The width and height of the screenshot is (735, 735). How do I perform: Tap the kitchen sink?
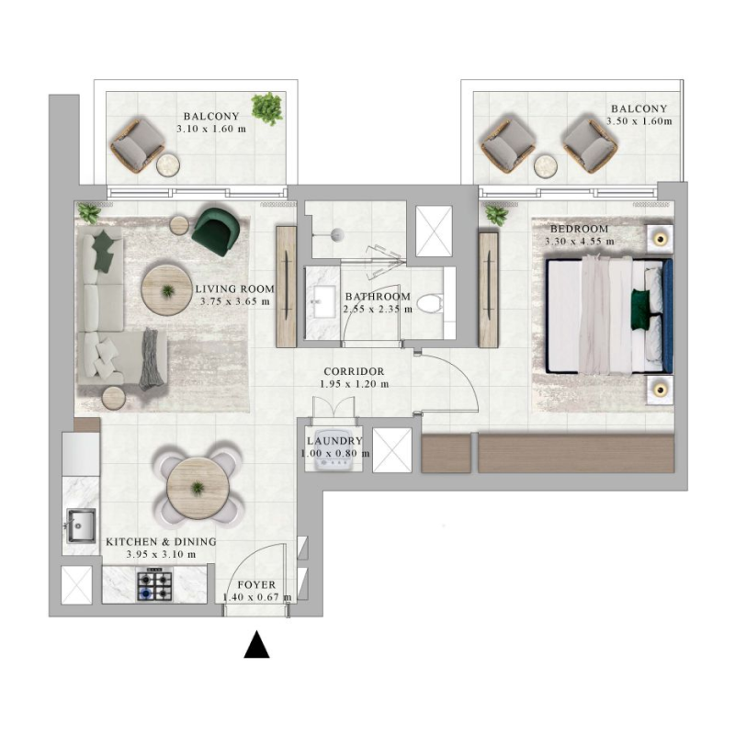[x=80, y=526]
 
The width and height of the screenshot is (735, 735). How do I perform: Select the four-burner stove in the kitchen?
[x=154, y=585]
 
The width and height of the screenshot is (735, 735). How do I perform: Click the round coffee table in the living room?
[x=166, y=291]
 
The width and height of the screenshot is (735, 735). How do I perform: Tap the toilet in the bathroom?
[x=428, y=303]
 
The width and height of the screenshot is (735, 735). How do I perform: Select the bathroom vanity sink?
[x=323, y=302]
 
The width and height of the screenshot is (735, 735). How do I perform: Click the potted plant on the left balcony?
[x=267, y=108]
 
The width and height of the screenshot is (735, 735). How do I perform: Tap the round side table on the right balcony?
[x=546, y=166]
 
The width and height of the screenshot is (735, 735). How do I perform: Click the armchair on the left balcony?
[x=136, y=143]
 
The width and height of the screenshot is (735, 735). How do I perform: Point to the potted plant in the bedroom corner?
[x=496, y=215]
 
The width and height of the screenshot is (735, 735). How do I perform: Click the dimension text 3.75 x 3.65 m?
[x=233, y=301]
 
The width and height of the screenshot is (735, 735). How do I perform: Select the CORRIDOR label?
[x=352, y=371]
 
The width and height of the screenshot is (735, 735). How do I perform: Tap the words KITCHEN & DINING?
[x=161, y=542]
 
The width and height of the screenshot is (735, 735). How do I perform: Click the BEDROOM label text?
[x=578, y=229]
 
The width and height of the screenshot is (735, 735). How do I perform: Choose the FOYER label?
[x=256, y=584]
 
